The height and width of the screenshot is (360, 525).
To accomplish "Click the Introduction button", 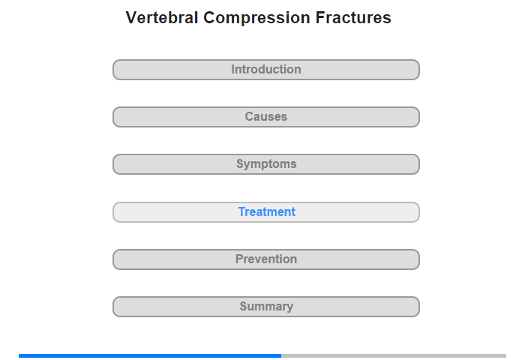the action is click(x=266, y=70).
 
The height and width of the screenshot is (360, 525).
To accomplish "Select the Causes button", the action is click(x=266, y=117).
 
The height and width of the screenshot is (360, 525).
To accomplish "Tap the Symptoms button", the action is click(x=266, y=164).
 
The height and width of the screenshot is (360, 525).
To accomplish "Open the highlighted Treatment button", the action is click(x=266, y=212).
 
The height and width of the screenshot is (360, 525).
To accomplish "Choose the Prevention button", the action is click(x=266, y=259).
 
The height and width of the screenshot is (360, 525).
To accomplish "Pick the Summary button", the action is click(x=266, y=307).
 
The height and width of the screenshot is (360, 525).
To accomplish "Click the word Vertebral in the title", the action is click(x=162, y=18).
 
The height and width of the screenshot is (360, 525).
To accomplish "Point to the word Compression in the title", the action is click(x=256, y=19).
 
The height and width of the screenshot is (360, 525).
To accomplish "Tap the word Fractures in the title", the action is click(x=353, y=18).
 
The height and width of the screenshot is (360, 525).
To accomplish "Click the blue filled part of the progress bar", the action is click(x=150, y=355).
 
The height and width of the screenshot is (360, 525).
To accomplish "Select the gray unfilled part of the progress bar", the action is click(x=394, y=355).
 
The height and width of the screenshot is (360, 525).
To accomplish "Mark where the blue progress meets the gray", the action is click(x=281, y=355).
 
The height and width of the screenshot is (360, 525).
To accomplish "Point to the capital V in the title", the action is click(x=131, y=18).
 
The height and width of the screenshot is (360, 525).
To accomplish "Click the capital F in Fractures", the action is click(x=319, y=18).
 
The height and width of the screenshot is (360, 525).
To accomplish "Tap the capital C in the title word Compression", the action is click(x=209, y=18).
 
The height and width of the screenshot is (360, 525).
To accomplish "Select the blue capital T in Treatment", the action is click(x=242, y=211).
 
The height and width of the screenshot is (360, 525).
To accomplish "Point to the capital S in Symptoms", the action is click(x=241, y=163).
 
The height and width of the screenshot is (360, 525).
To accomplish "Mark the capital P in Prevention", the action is click(x=239, y=259).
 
